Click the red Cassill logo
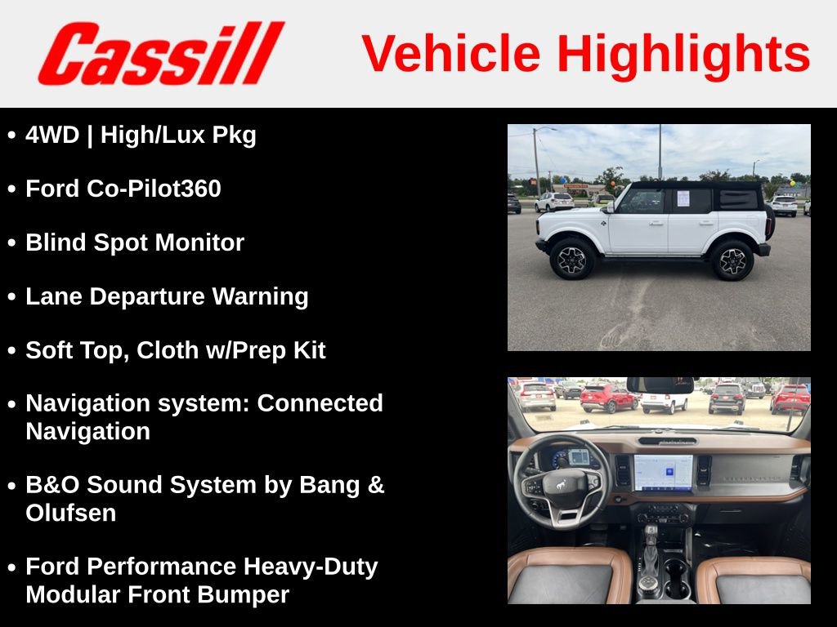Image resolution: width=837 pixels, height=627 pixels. (x=161, y=54)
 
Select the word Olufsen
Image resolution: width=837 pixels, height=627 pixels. (x=71, y=513)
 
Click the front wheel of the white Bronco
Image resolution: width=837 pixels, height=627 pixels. (x=572, y=259)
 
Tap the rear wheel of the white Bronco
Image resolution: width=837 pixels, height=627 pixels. (x=732, y=260)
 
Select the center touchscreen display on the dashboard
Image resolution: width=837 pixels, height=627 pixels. (x=663, y=473)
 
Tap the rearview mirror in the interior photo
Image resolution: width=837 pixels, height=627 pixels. (x=660, y=385)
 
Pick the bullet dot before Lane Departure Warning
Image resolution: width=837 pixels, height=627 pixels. (x=11, y=297)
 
